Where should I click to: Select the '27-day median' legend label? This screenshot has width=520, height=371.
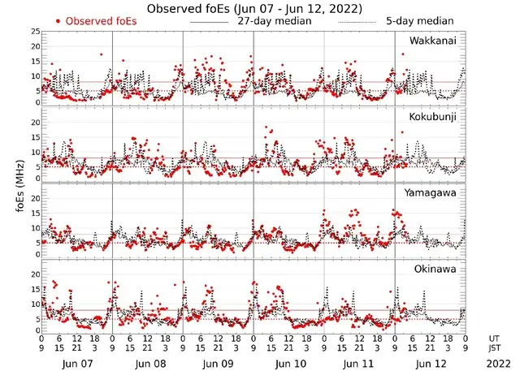click(274, 21)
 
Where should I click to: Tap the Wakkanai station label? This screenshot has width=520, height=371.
click(433, 41)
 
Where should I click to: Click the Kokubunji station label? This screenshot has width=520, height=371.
click(432, 117)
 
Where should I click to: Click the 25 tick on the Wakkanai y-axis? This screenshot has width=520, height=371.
click(34, 31)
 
